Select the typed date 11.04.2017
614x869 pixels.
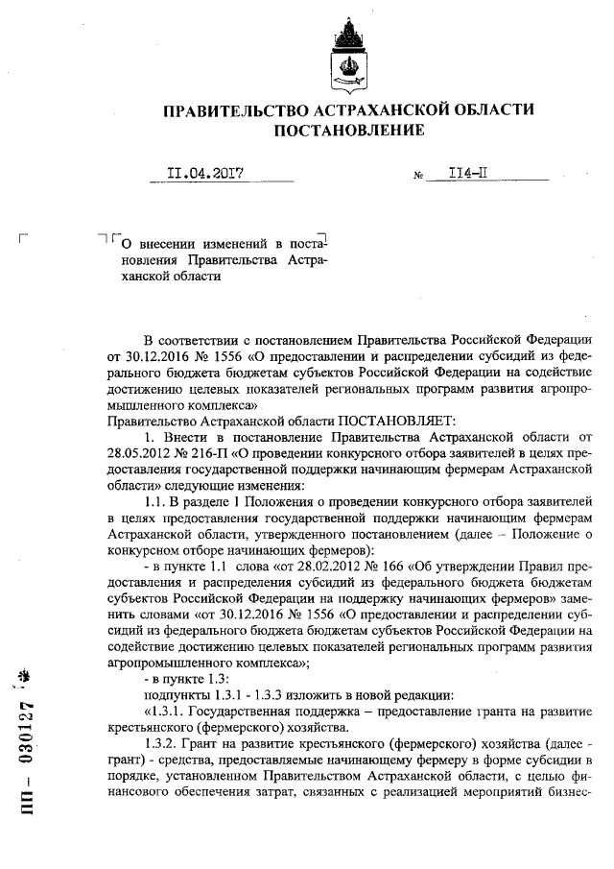pos(203,175)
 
